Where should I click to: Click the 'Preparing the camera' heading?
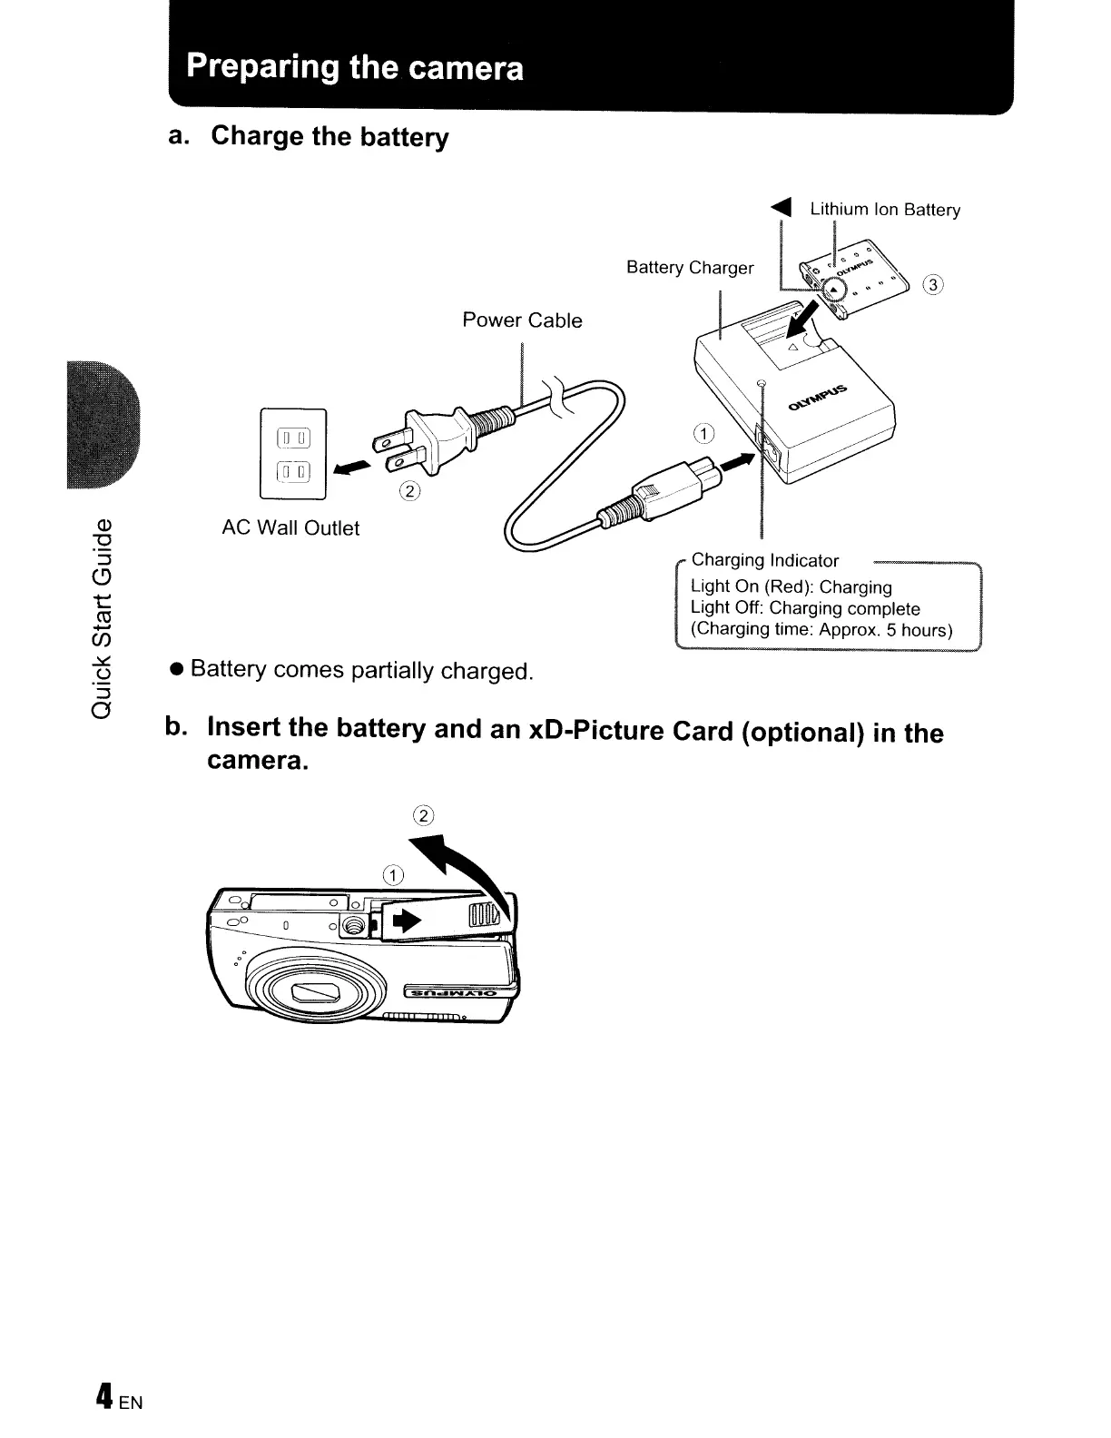(355, 67)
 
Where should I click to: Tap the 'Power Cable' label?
(522, 320)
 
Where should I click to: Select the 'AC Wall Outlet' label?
(290, 528)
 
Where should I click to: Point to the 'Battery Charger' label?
(690, 268)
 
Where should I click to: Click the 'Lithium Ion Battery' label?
(885, 210)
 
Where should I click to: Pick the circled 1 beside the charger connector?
(705, 433)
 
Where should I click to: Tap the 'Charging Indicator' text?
(765, 561)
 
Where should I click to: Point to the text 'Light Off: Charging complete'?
(805, 609)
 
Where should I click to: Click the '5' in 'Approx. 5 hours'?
(892, 631)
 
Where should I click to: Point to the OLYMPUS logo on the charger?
(818, 399)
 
